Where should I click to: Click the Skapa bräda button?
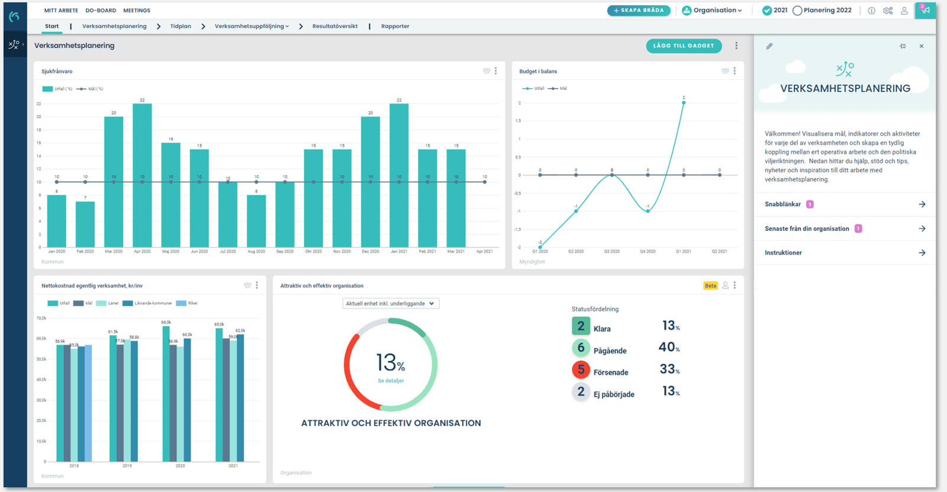point(639,10)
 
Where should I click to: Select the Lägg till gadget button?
point(684,46)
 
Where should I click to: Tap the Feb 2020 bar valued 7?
point(85,224)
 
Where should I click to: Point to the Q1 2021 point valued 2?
point(684,102)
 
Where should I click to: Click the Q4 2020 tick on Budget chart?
point(648,252)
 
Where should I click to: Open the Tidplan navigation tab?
point(181,26)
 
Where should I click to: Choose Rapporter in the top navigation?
point(395,26)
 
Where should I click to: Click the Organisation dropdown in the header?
point(712,10)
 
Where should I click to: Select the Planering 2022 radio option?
point(798,11)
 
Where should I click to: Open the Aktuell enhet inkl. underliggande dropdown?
point(391,303)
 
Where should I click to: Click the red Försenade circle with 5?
point(581,370)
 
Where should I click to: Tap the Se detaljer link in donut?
point(391,381)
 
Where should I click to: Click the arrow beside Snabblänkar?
point(922,204)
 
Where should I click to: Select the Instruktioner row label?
point(783,253)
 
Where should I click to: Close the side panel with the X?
point(922,46)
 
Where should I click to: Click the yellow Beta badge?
point(710,285)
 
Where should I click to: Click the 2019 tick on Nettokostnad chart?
point(127,466)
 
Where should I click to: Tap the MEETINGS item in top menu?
point(137,11)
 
